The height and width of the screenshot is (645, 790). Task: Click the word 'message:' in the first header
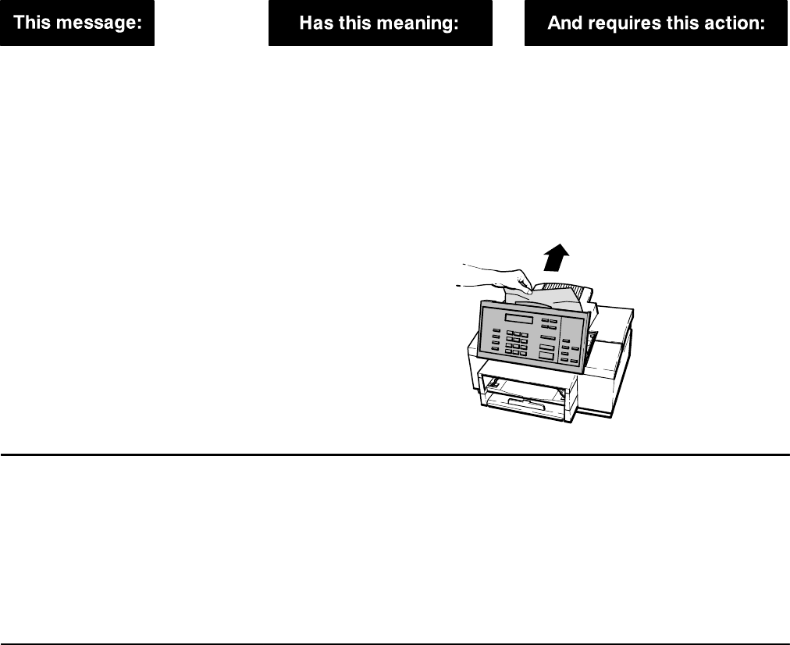point(102,23)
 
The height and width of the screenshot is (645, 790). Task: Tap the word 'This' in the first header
point(34,23)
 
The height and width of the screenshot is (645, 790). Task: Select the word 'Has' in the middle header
point(314,23)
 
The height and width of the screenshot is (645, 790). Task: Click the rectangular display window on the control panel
point(519,320)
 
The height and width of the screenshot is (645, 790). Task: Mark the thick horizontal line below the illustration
point(395,454)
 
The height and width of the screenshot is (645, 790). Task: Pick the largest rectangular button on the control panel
point(546,354)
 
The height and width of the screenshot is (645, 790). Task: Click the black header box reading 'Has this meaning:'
point(380,23)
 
